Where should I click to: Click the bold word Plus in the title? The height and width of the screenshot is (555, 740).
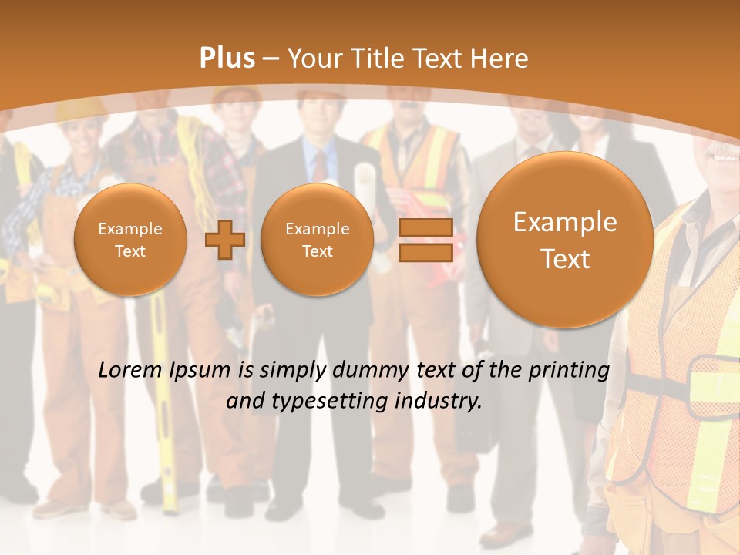click(227, 59)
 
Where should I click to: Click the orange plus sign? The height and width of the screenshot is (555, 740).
click(224, 240)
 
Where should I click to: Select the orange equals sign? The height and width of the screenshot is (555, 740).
click(425, 240)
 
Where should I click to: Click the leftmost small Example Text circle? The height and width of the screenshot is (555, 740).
click(130, 240)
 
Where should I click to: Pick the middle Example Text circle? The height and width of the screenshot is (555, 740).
click(318, 240)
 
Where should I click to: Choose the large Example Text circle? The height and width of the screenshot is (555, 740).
click(565, 240)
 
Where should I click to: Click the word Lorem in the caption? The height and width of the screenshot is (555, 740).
click(131, 370)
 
